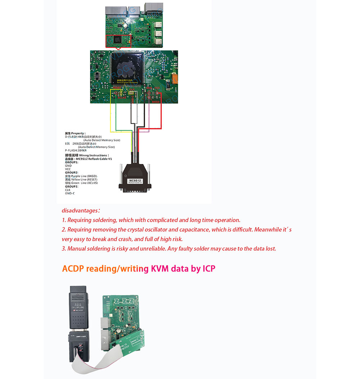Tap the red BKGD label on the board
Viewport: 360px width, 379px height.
(156, 102)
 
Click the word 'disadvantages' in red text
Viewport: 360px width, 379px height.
(79, 211)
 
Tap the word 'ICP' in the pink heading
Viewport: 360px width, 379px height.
(208, 269)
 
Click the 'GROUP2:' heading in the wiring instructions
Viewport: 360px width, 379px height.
(72, 173)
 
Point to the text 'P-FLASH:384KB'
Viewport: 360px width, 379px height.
(76, 150)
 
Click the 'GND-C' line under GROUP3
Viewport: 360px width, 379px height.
(70, 193)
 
